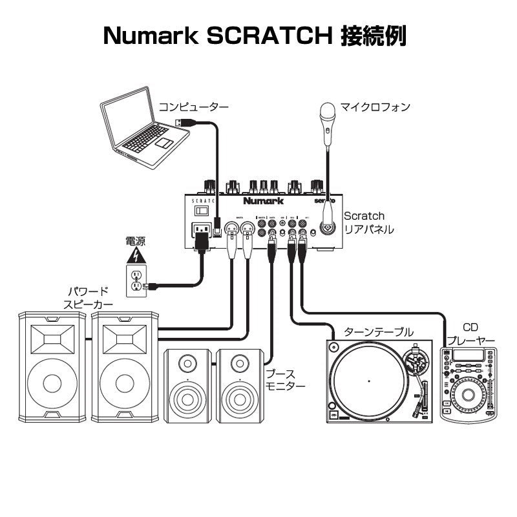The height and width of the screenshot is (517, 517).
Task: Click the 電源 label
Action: point(136,242)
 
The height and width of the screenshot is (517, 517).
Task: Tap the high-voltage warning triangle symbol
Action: point(136,257)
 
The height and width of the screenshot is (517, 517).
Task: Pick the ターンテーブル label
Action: point(378,332)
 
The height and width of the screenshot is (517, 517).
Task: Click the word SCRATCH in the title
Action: point(269,36)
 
